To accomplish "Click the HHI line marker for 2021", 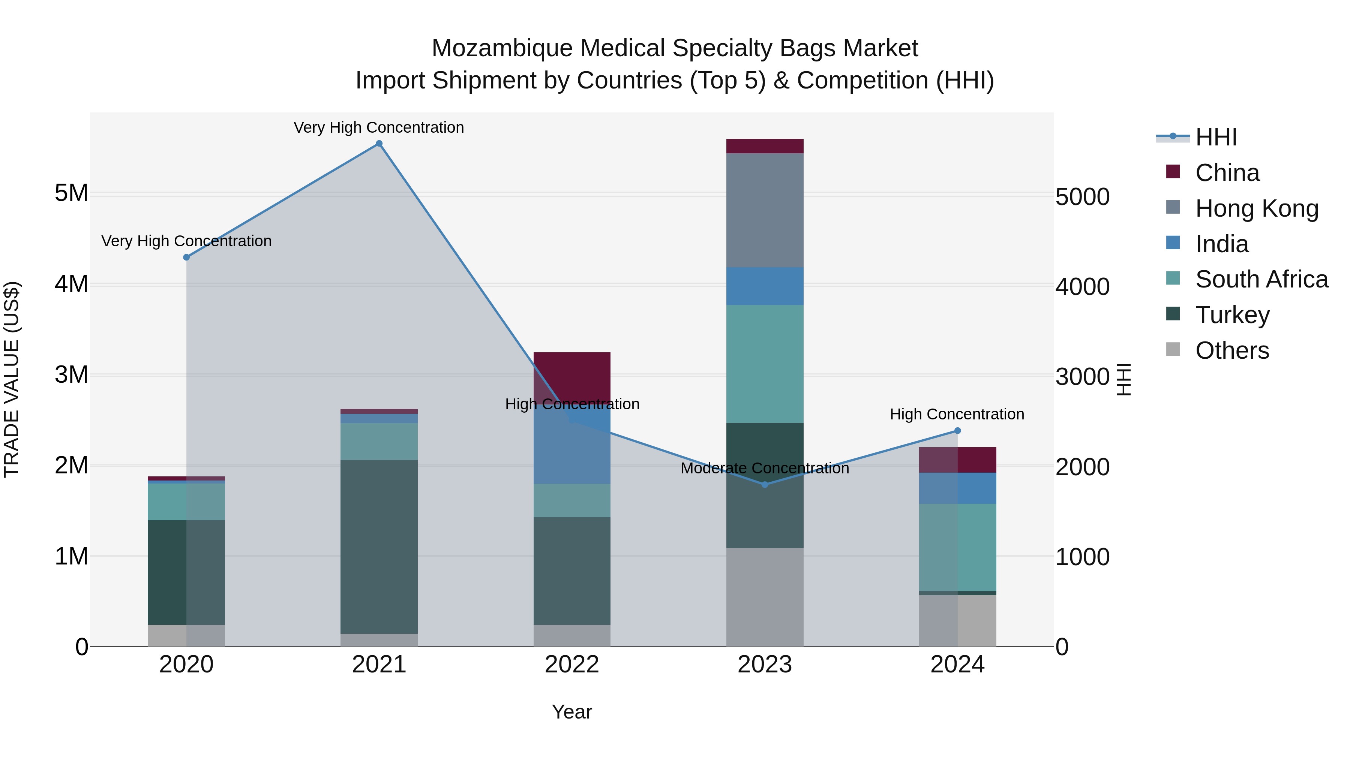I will coord(379,144).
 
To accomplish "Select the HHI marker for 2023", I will coord(765,485).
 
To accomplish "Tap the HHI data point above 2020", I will coord(186,257).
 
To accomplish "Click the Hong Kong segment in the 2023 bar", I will coord(765,210).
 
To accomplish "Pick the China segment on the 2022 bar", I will coord(572,376).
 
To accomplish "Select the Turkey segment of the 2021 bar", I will coord(379,546).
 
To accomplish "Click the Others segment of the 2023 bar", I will coord(765,597).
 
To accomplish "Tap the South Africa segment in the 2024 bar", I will coord(957,547).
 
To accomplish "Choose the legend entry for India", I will coord(1221,244).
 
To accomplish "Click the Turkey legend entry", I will coord(1231,315).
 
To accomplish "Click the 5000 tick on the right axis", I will coord(1082,197).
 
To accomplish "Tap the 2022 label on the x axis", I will coord(572,665).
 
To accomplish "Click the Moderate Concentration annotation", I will coord(765,468).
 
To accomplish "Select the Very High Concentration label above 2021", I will coord(379,127).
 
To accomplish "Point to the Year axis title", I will coord(572,712).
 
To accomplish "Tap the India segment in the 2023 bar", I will coord(765,286).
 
